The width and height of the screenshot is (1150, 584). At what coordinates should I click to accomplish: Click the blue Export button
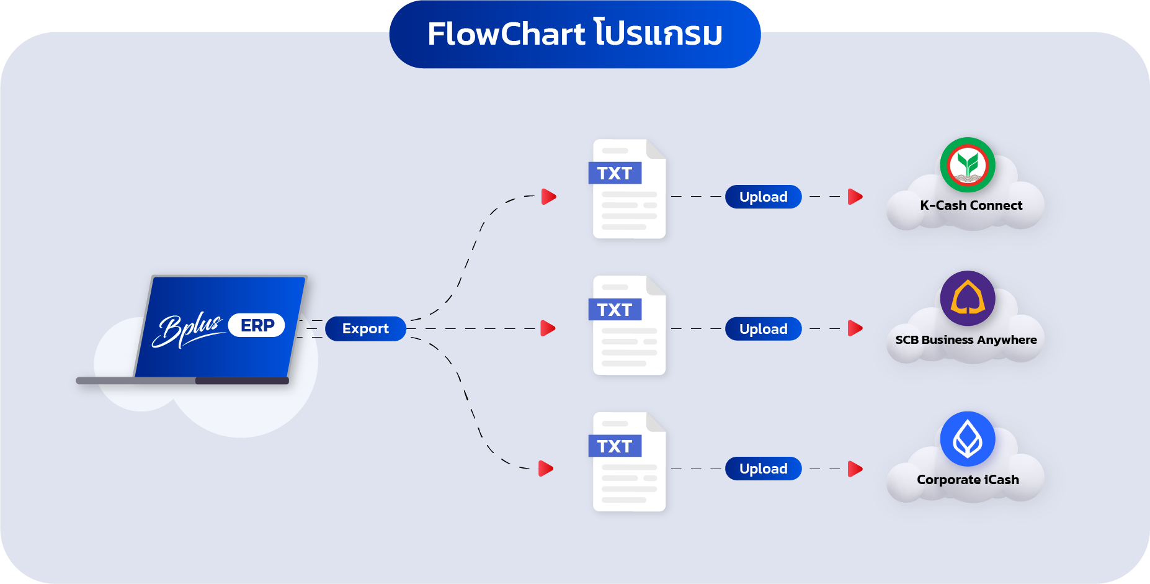point(365,328)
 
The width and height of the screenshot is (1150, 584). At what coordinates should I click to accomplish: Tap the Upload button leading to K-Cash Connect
point(763,197)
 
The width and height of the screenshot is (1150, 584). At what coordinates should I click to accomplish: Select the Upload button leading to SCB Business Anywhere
point(763,329)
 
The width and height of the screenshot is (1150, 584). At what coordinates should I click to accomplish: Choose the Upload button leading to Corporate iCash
point(763,469)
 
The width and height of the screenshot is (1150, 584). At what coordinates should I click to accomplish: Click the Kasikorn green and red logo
point(968,165)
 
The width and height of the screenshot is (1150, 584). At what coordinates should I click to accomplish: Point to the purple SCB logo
point(968,299)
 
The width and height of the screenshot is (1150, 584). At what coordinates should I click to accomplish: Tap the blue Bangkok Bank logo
point(968,439)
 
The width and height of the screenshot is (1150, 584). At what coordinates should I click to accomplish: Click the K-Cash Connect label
point(971,205)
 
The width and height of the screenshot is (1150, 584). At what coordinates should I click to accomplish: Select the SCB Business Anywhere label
point(966,340)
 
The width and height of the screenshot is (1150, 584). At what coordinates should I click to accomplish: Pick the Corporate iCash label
point(968,480)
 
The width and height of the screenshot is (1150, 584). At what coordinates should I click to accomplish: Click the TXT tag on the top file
point(615,173)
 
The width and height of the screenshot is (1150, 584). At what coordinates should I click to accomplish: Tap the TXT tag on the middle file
point(615,310)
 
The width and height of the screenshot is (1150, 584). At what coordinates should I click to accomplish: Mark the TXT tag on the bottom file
point(615,446)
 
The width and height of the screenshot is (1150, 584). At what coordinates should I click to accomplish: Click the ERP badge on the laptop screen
point(257,325)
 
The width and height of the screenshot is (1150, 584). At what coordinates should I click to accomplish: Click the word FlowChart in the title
point(506,34)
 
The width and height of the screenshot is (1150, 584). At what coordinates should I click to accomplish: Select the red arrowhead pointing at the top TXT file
point(548,197)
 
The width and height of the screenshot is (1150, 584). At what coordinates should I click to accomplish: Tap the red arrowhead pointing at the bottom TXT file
point(546,469)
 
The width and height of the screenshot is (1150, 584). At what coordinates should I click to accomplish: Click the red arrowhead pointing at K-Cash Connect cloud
point(855,197)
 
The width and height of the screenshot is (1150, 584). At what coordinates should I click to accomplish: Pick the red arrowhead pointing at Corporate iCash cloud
point(855,469)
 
